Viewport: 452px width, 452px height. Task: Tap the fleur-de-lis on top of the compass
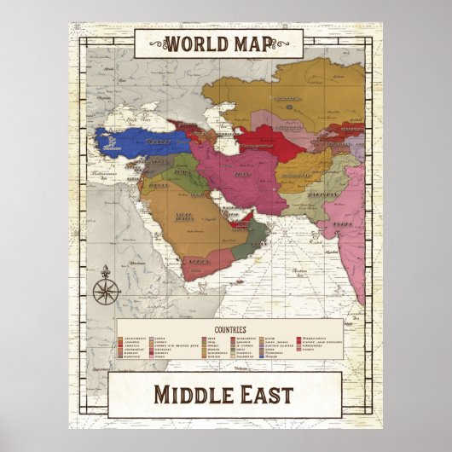107,271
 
